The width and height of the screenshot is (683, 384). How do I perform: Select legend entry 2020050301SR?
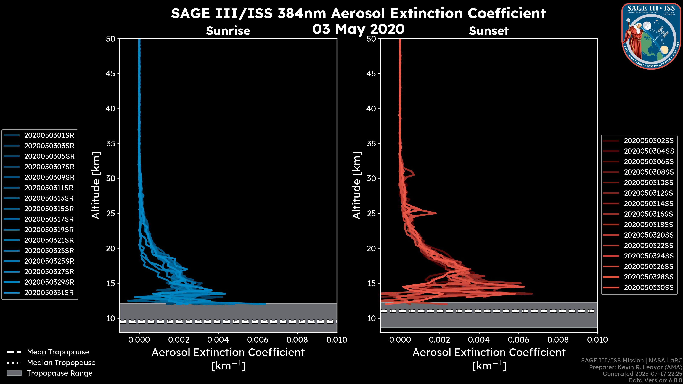(x=49, y=135)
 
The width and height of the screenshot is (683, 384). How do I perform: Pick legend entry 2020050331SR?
(x=49, y=293)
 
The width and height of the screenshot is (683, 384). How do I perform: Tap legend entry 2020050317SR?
(x=49, y=219)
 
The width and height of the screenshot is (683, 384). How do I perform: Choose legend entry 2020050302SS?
(x=648, y=141)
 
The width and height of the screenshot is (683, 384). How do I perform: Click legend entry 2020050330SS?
(x=648, y=287)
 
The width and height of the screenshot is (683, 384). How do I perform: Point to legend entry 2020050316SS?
(x=648, y=214)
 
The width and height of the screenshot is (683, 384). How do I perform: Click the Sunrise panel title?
(x=228, y=31)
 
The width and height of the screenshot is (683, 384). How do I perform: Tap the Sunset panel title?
(x=489, y=31)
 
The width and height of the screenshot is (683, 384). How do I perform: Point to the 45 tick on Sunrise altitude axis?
(x=111, y=74)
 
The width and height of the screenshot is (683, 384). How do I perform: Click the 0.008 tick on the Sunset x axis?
(x=558, y=340)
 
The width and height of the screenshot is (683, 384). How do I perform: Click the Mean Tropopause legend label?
(x=58, y=352)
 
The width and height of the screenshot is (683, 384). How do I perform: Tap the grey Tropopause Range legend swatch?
(x=14, y=373)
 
